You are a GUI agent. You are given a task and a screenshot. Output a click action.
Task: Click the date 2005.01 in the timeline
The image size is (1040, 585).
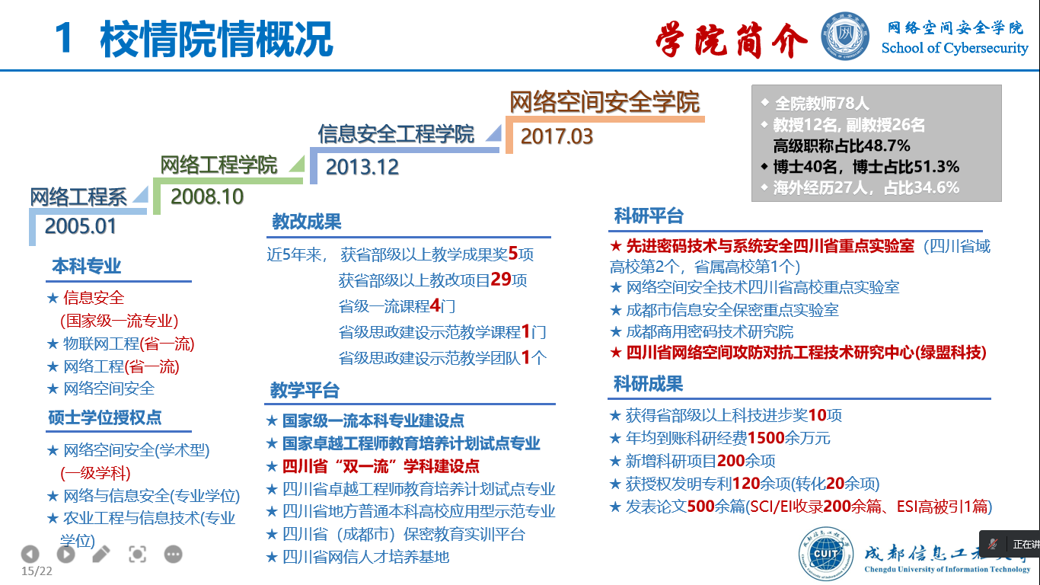coord(80,226)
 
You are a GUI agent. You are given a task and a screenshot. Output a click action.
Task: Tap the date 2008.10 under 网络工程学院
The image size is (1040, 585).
coord(207,197)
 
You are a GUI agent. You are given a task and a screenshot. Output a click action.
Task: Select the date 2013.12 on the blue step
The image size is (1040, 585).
coord(362,167)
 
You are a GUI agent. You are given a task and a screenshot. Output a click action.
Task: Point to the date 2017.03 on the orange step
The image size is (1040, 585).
coord(557,136)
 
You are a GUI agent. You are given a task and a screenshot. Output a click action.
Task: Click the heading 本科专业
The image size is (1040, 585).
coord(86,267)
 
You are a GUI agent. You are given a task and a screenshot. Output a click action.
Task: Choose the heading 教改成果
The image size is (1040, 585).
coord(306,222)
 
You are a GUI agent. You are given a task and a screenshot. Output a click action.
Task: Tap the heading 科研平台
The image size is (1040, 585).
coord(649,216)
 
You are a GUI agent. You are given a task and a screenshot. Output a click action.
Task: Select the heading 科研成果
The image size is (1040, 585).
coord(648,384)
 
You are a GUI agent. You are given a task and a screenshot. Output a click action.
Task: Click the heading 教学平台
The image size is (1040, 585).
coord(305,390)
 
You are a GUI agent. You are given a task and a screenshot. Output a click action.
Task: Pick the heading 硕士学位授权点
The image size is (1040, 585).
coord(105,417)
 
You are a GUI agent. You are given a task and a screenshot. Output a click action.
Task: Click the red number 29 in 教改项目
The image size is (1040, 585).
coord(501,280)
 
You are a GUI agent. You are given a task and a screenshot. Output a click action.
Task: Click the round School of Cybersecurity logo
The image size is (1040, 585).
coord(845,37)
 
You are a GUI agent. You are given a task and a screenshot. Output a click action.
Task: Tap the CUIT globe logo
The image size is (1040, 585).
coord(825,553)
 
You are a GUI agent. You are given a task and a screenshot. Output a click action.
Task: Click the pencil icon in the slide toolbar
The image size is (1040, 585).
coord(101,554)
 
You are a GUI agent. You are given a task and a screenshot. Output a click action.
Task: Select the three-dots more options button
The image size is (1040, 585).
coord(173,554)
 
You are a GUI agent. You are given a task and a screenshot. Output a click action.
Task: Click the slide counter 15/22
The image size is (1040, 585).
coord(37,571)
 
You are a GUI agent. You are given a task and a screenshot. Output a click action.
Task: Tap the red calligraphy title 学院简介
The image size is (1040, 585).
coord(731,40)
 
